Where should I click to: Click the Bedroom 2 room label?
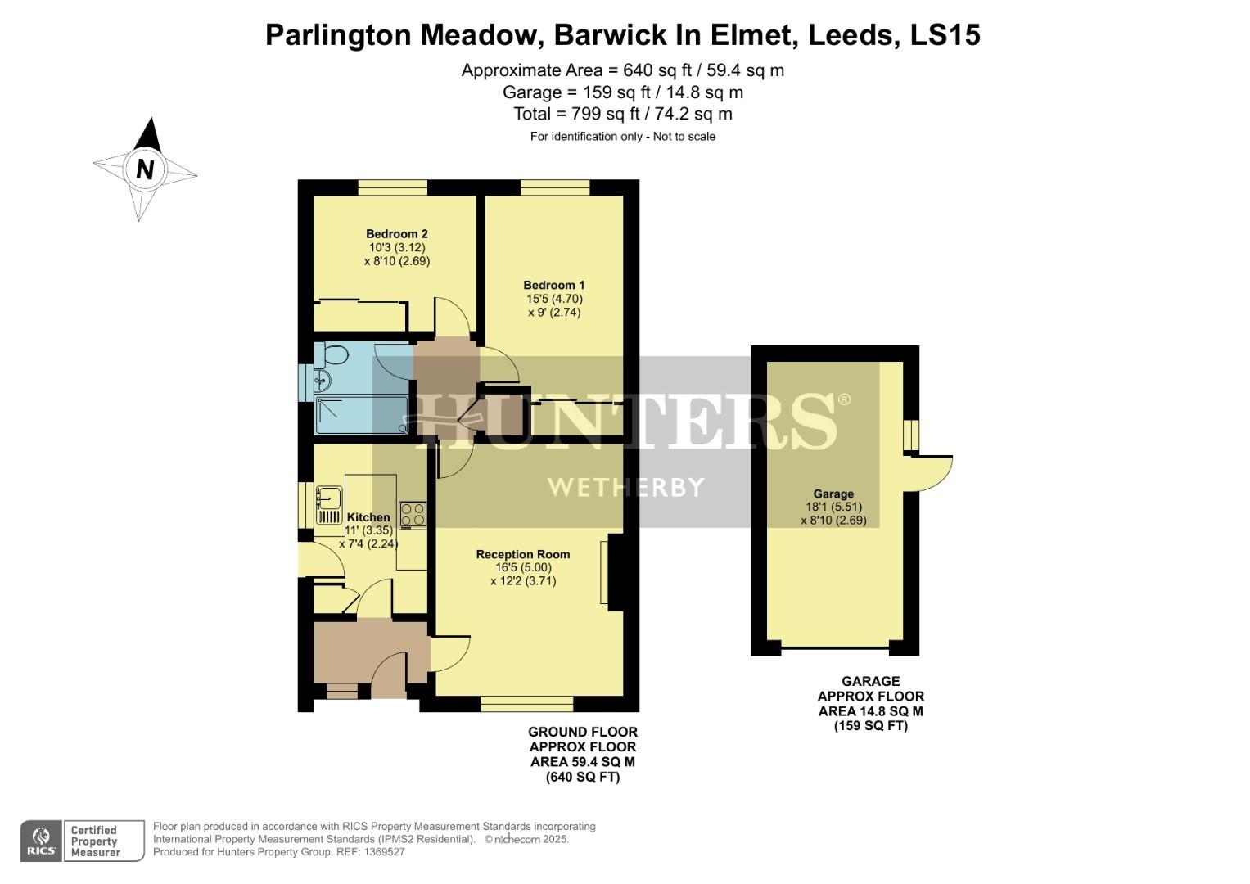click(397, 234)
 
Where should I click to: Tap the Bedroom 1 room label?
click(554, 285)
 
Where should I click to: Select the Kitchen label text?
click(368, 517)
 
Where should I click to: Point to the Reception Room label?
click(523, 554)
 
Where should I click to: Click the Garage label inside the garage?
click(833, 494)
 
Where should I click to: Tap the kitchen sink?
click(329, 498)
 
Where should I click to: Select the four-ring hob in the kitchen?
click(413, 514)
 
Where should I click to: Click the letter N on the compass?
click(145, 169)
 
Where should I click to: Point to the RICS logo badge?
click(41, 841)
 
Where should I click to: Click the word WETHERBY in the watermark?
click(625, 488)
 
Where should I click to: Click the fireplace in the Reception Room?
click(615, 573)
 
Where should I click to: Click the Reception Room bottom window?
click(526, 704)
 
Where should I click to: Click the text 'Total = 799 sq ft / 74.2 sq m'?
click(622, 114)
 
